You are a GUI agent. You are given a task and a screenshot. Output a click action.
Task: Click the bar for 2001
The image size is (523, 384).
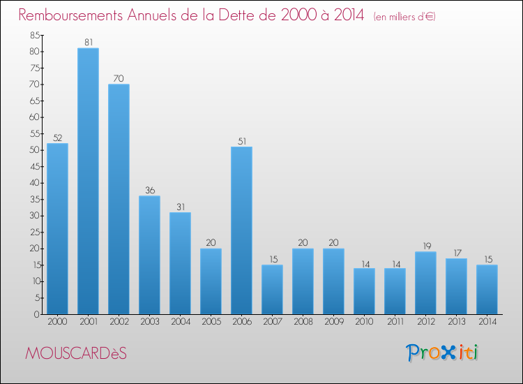(88, 182)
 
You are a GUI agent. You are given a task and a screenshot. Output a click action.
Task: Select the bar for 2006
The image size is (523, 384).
(241, 230)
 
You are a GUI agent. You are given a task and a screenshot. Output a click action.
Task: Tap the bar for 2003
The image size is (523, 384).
(149, 255)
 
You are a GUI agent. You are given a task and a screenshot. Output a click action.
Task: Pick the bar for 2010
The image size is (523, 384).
(364, 291)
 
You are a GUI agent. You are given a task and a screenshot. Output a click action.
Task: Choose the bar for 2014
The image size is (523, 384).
(487, 290)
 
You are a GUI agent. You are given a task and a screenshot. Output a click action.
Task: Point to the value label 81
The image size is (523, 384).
(88, 43)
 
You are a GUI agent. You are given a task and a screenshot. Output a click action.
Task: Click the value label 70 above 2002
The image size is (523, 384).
(119, 79)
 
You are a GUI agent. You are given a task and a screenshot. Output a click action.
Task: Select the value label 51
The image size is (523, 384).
(241, 142)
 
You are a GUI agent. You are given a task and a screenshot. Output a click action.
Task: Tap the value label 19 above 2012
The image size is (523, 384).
(425, 246)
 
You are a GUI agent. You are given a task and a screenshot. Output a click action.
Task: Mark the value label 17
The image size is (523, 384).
(456, 253)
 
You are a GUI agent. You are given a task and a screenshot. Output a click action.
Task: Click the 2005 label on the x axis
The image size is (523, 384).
(211, 322)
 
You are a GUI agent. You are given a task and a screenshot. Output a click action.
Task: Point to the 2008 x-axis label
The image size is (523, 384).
(303, 322)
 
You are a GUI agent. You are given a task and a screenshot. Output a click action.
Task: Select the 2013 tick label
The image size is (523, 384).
(456, 322)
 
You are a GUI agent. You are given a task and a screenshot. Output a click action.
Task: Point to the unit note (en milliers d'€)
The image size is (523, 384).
(404, 17)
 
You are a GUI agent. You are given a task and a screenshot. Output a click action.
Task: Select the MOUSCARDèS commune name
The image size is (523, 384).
(76, 353)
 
